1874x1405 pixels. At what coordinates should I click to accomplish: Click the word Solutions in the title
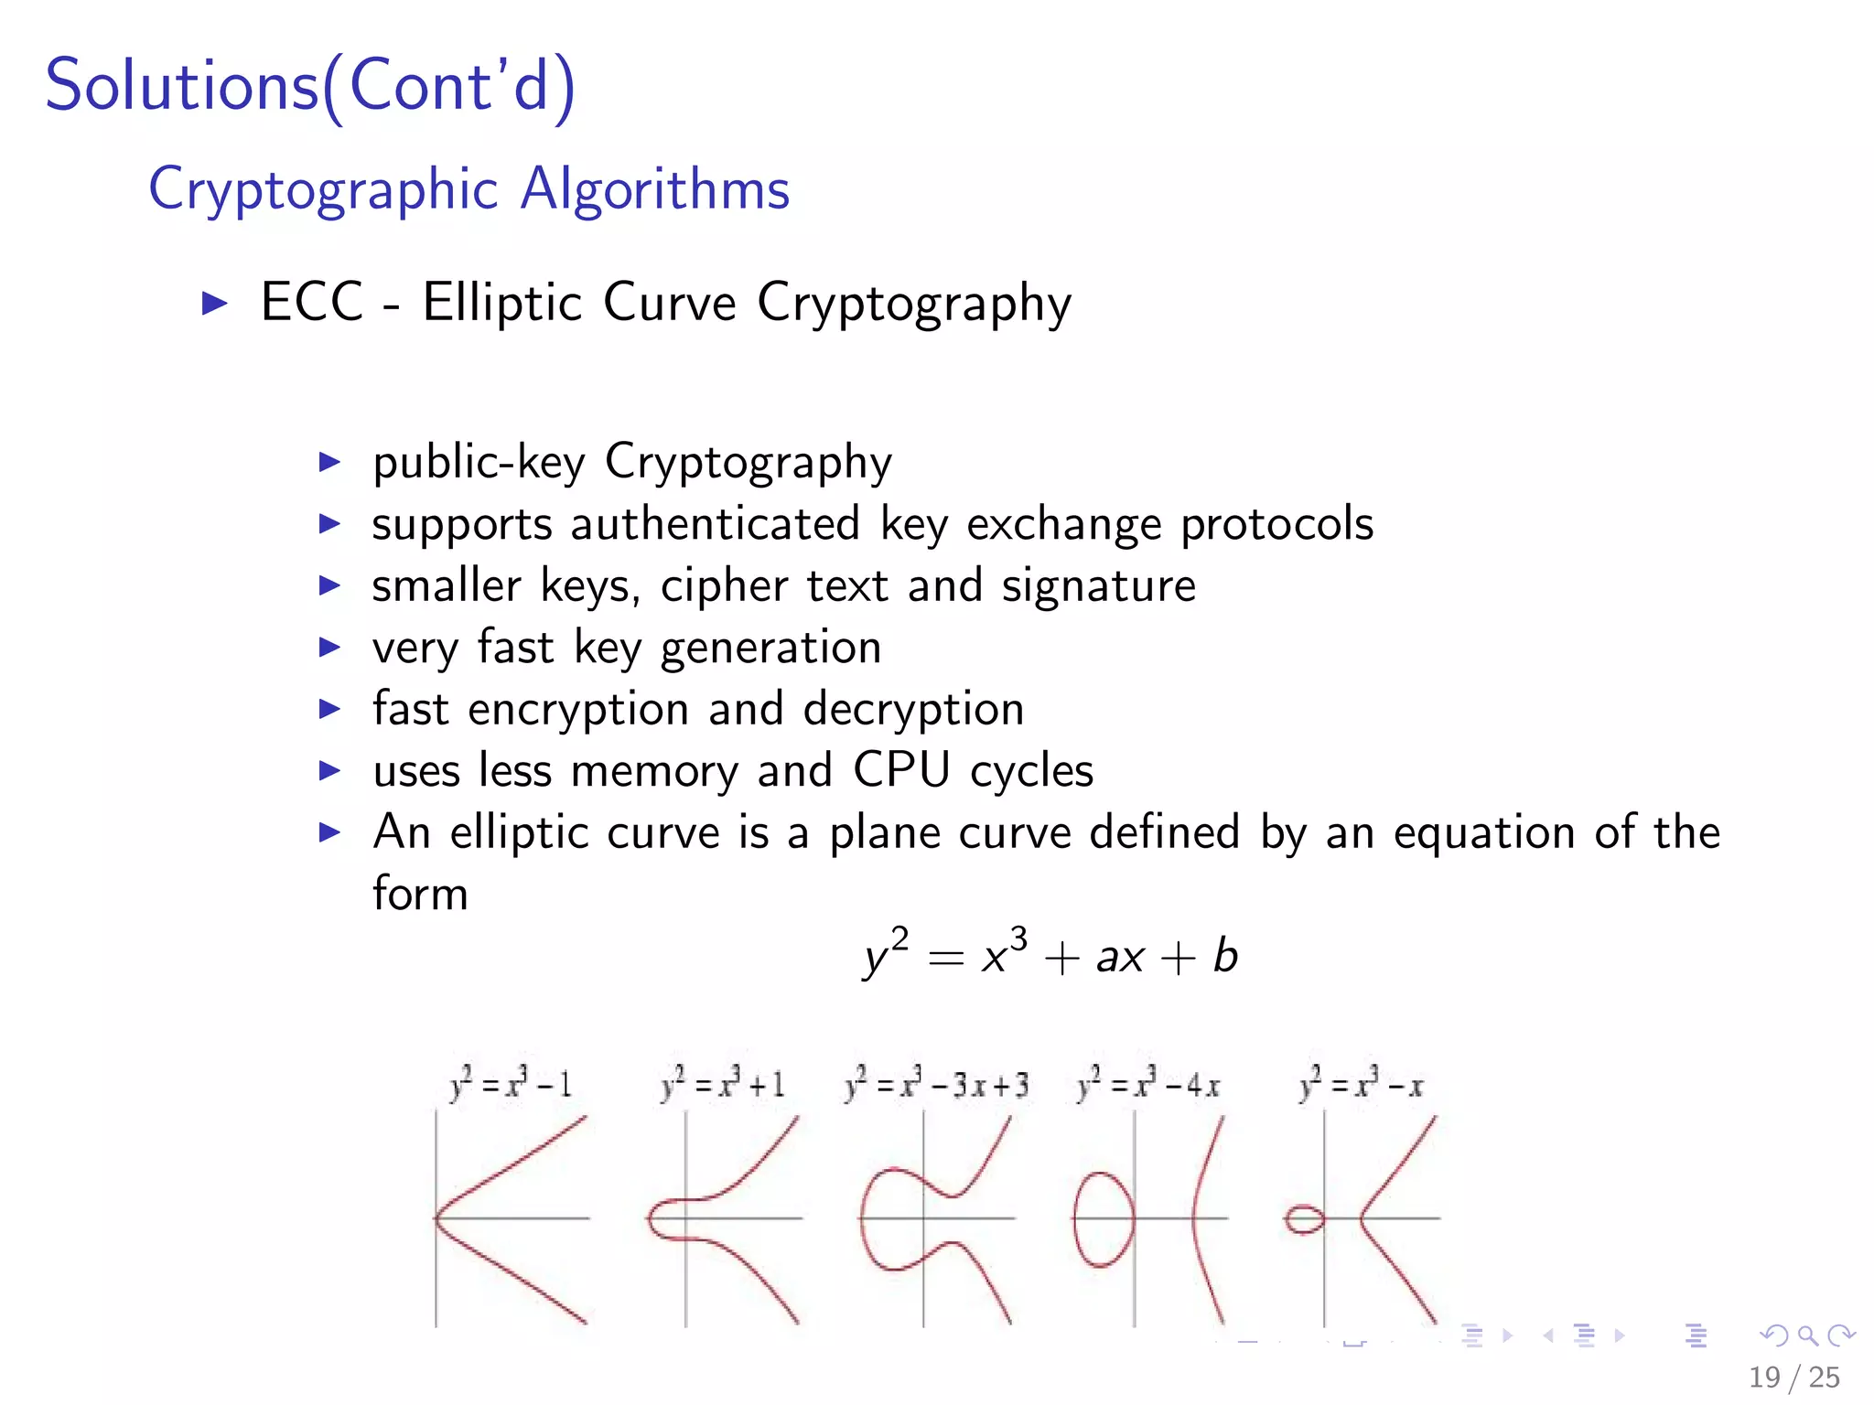point(181,86)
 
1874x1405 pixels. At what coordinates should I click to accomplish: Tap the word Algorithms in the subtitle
point(654,189)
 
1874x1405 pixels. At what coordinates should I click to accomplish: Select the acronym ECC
point(312,302)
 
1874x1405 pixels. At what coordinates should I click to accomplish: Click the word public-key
point(479,462)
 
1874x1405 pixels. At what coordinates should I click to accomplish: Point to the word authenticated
point(715,524)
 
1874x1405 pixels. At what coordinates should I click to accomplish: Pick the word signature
point(1098,586)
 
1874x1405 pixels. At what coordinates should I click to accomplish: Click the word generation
point(770,649)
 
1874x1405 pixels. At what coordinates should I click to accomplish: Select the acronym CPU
point(901,770)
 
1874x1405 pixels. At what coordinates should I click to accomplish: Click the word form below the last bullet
point(420,894)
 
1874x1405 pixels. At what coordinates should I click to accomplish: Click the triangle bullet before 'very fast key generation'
point(329,648)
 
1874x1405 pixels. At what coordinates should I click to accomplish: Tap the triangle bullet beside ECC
point(214,303)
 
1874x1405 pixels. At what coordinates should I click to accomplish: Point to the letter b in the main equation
point(1225,957)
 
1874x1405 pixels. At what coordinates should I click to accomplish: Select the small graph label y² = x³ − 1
point(511,1085)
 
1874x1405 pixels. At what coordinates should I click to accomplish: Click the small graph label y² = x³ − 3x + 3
point(936,1085)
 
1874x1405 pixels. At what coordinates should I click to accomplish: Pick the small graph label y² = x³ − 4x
point(1148,1085)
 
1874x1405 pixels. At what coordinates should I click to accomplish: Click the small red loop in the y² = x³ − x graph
point(1304,1219)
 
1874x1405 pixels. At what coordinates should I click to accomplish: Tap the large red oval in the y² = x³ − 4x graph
point(1104,1219)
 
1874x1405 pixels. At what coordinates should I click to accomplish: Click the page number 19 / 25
point(1793,1378)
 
